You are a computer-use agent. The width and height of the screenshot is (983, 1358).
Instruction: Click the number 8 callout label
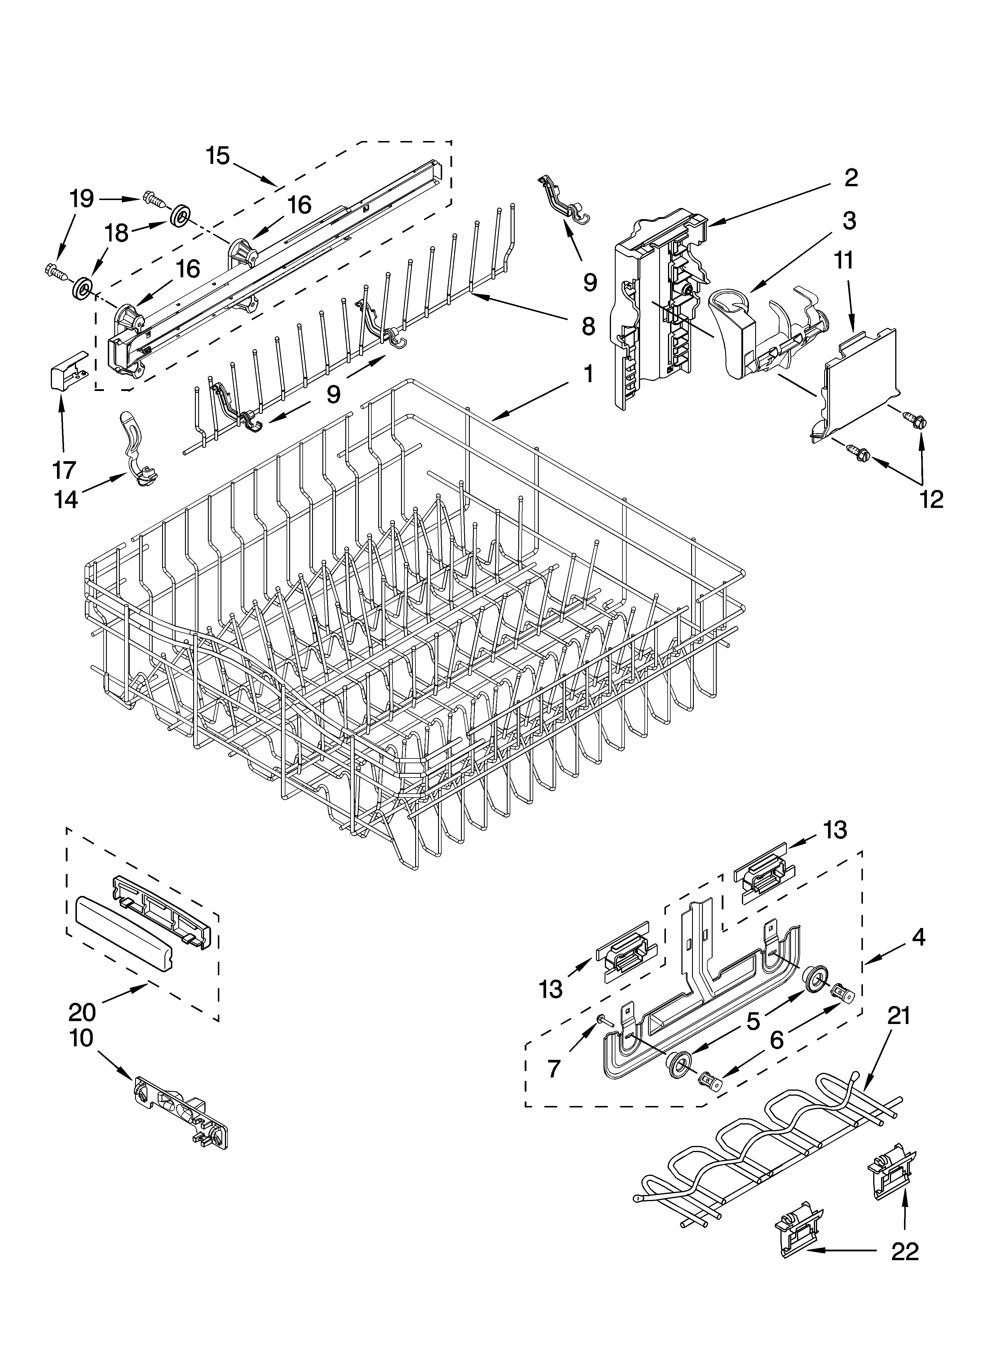[588, 326]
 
